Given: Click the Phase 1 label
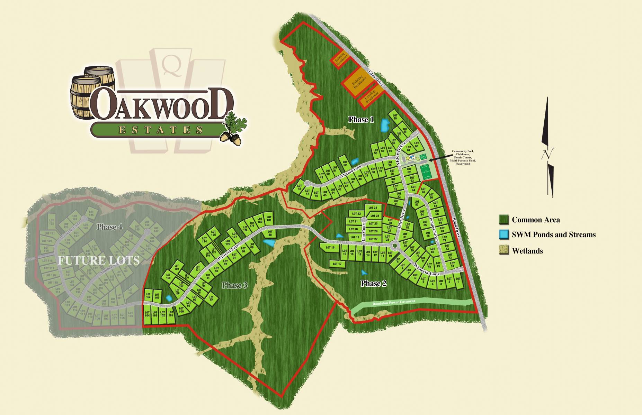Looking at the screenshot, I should (x=361, y=120).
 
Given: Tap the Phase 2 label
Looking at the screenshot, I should (x=373, y=284).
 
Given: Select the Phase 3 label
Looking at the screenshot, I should (x=234, y=285).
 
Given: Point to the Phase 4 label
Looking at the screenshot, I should (x=109, y=227).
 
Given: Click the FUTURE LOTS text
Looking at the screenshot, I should (x=99, y=260).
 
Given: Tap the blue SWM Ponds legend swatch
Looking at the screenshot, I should (x=503, y=235).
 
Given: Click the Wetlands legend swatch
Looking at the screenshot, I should (x=503, y=251).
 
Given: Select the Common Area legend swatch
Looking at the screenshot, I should (x=503, y=220).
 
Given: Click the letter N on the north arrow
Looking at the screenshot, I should (x=547, y=154).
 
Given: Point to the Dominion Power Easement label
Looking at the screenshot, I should (x=393, y=303).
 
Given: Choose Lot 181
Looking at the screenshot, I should (x=269, y=219).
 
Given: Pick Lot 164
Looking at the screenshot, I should (x=148, y=296).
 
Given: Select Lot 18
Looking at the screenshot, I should (x=330, y=248).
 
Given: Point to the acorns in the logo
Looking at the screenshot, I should (x=230, y=137).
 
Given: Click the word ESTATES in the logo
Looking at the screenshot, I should (x=160, y=130).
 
